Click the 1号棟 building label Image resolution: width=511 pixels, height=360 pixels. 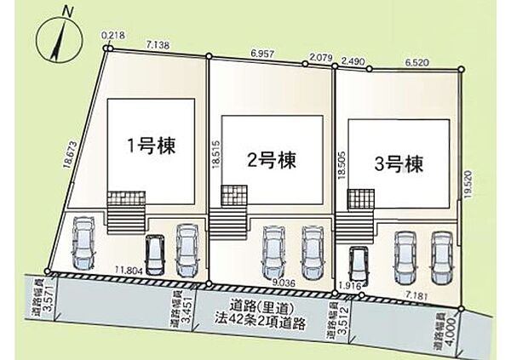tap(152, 146)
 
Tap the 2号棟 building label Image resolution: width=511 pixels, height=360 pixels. tap(272, 160)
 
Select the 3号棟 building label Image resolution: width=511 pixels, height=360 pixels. tap(399, 164)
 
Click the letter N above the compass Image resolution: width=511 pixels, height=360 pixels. tap(68, 12)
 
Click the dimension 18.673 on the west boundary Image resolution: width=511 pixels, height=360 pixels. tap(71, 154)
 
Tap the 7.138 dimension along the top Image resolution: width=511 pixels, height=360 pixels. tap(158, 45)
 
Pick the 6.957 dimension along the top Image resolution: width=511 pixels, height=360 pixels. tap(262, 54)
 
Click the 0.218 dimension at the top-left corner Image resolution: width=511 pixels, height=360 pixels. tap(113, 35)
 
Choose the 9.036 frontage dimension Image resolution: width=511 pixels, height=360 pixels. tap(284, 283)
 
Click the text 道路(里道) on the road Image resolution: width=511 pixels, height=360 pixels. tap(260, 307)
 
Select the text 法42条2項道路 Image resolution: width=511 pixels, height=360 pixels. tap(260, 323)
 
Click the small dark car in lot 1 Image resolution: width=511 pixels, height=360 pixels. tap(155, 255)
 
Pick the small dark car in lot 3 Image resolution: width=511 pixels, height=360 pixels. tap(357, 267)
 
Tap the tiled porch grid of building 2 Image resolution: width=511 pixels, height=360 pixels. tap(234, 196)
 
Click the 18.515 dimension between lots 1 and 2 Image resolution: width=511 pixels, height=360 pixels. tap(217, 155)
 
